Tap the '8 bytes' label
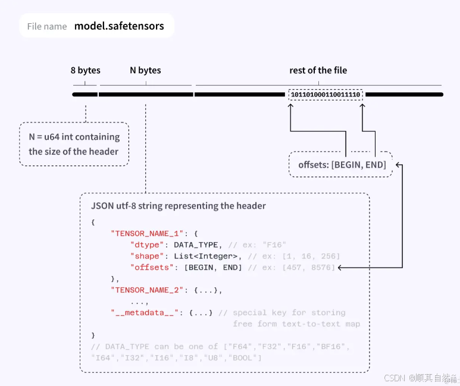coord(85,70)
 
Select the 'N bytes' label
coord(145,70)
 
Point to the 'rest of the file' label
coord(318,70)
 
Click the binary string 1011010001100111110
coord(326,95)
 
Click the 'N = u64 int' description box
coord(74,144)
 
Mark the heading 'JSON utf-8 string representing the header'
coord(179,206)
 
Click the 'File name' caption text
coord(46,27)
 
